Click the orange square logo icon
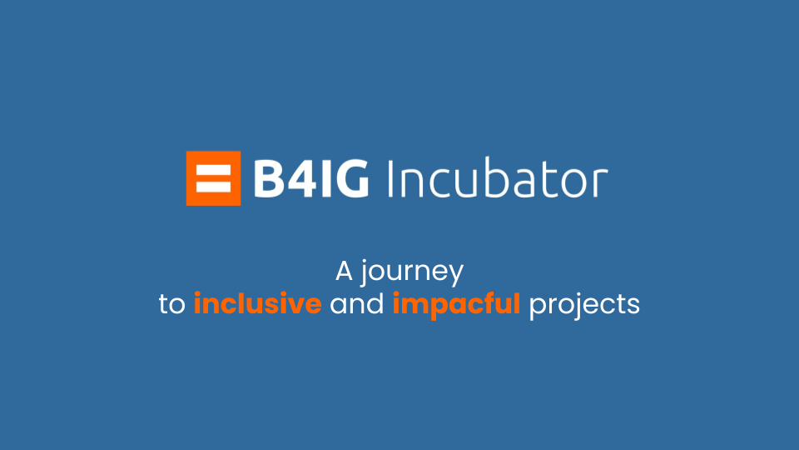click(214, 178)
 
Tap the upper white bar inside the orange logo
click(214, 170)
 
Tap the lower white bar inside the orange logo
click(214, 187)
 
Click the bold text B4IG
click(310, 178)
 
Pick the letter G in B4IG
click(351, 178)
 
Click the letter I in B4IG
click(325, 178)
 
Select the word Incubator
click(498, 178)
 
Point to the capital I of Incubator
click(390, 178)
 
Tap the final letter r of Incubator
click(601, 183)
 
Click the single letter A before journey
click(344, 271)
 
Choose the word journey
click(412, 273)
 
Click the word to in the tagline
click(171, 305)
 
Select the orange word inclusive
click(258, 303)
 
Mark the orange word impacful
click(457, 306)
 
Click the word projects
click(584, 306)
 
